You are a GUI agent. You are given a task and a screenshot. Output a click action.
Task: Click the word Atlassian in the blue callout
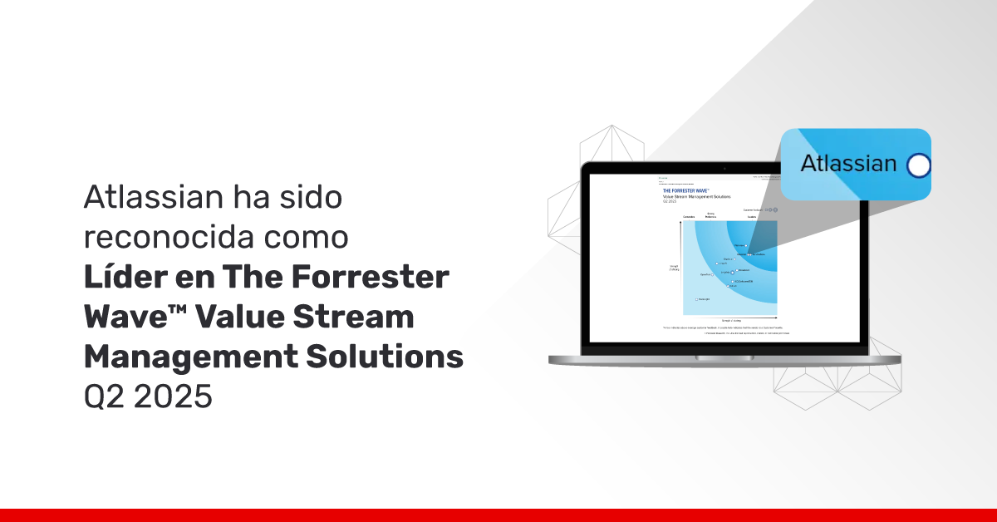pyautogui.click(x=848, y=164)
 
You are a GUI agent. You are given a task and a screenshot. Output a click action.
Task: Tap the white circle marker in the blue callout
pyautogui.click(x=918, y=165)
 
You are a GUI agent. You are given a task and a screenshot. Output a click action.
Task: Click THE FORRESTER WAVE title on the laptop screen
pyautogui.click(x=692, y=190)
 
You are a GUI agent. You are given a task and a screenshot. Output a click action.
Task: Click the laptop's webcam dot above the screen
pyautogui.click(x=724, y=168)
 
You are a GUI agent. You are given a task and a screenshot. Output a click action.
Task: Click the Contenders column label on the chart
pyautogui.click(x=689, y=217)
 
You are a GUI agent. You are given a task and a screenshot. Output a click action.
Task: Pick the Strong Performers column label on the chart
pyautogui.click(x=710, y=215)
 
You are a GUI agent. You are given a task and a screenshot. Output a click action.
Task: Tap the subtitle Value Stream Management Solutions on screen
pyautogui.click(x=695, y=196)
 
